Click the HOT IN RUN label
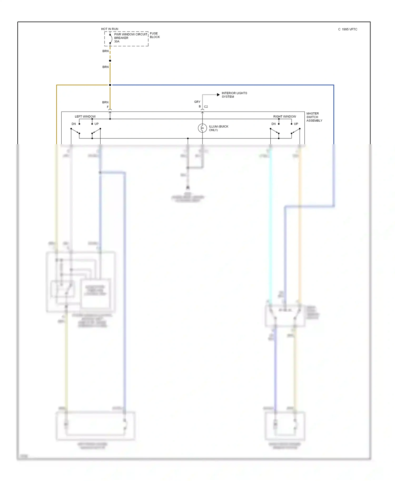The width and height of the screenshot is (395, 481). [110, 29]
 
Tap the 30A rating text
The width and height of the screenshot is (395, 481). [117, 42]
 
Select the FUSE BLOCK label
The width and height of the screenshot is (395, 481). [155, 35]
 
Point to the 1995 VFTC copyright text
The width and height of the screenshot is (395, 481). [348, 29]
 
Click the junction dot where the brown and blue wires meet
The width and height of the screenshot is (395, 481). [110, 85]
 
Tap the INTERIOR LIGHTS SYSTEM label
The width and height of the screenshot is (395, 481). [234, 95]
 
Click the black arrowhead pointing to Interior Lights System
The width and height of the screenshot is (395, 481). [218, 95]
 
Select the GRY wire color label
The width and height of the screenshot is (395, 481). [197, 102]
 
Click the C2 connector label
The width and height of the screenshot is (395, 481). [206, 107]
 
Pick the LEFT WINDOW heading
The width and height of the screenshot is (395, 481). [85, 117]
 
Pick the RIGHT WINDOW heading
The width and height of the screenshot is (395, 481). [284, 117]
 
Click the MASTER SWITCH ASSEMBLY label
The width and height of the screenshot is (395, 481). [314, 117]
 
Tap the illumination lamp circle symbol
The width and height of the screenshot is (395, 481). [202, 128]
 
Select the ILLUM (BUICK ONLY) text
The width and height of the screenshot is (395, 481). [218, 128]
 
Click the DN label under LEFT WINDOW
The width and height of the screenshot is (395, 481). [74, 124]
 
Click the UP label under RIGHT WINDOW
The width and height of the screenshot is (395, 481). [296, 124]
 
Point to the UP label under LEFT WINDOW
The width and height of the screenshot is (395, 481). [97, 124]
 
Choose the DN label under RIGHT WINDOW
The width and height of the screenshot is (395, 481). [274, 124]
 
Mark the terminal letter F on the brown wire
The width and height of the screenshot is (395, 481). [108, 107]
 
